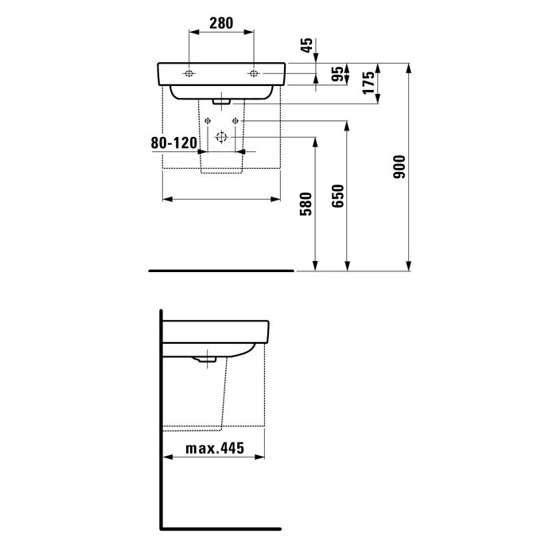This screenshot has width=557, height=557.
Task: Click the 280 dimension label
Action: (221, 23)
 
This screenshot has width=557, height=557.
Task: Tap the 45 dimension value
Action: (307, 45)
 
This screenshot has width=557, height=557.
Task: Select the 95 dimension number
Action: (338, 74)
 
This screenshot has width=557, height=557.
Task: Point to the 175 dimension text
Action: (368, 83)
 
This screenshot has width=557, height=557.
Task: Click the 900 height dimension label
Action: (399, 166)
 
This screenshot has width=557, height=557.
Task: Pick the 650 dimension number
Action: (338, 196)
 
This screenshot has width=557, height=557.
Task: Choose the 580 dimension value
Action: (306, 204)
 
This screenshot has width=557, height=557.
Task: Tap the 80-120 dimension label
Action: (174, 142)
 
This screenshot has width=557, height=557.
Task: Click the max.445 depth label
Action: (215, 448)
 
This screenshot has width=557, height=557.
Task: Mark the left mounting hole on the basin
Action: (189, 73)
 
